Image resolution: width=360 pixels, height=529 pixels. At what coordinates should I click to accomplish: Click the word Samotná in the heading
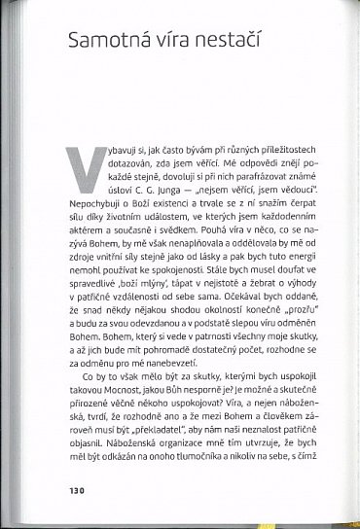[109, 42]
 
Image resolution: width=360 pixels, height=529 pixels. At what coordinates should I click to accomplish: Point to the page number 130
[77, 489]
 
